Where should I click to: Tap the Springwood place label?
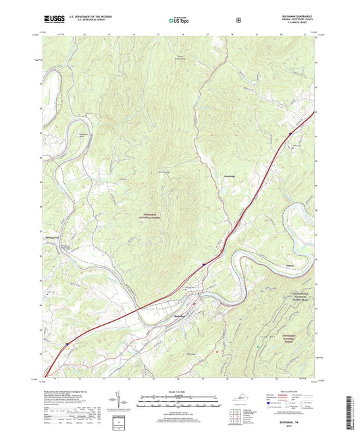(51, 237)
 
